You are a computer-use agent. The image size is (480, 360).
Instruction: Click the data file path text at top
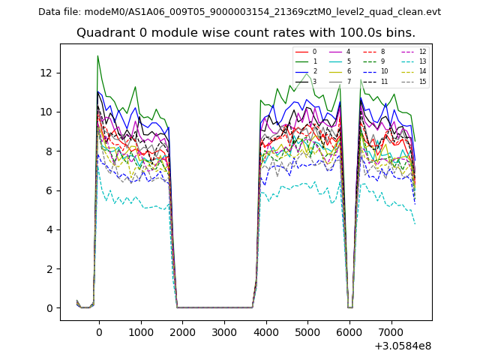(239, 12)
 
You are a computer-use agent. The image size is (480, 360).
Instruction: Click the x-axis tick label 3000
(223, 331)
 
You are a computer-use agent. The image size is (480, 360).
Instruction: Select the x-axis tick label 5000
(307, 331)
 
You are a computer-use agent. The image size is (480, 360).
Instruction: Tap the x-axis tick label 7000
(390, 331)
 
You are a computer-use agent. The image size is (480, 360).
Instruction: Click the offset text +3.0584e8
(402, 346)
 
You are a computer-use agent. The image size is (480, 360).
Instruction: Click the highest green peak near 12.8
(97, 56)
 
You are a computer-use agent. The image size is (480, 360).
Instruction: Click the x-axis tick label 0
(99, 331)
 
